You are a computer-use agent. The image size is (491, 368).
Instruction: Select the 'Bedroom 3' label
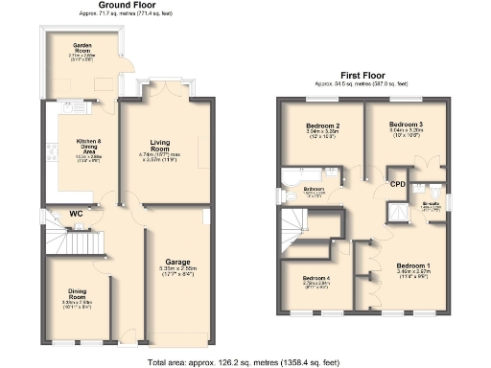(407, 126)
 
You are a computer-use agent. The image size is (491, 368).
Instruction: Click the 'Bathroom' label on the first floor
(315, 189)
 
